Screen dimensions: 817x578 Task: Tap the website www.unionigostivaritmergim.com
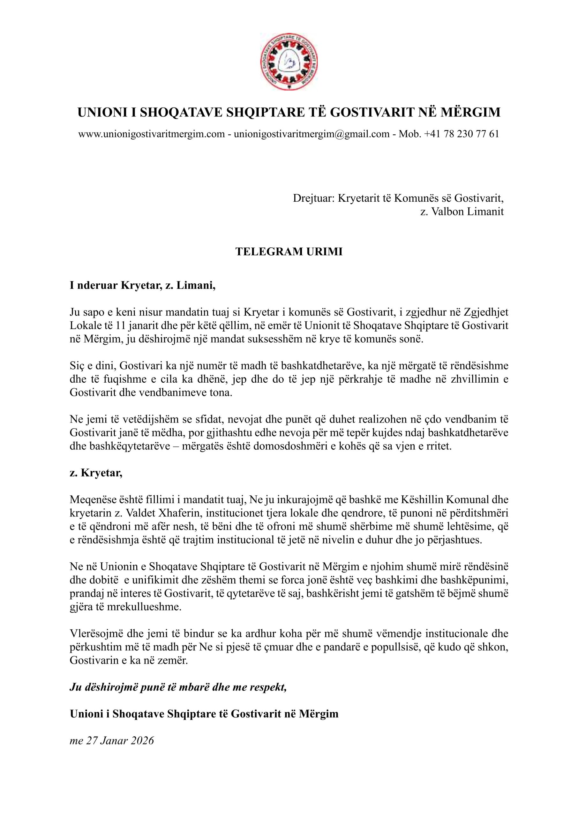tap(151, 134)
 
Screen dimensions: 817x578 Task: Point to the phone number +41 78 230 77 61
tap(462, 134)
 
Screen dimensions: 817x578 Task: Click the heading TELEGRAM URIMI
tap(289, 252)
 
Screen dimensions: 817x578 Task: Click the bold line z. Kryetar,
tap(96, 473)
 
